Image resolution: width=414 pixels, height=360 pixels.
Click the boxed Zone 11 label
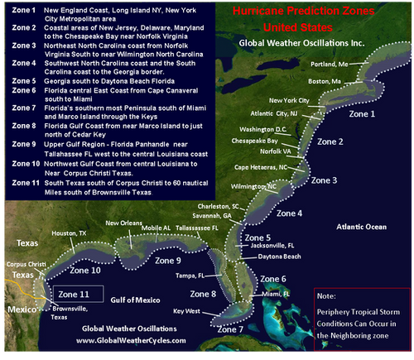click(75, 294)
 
